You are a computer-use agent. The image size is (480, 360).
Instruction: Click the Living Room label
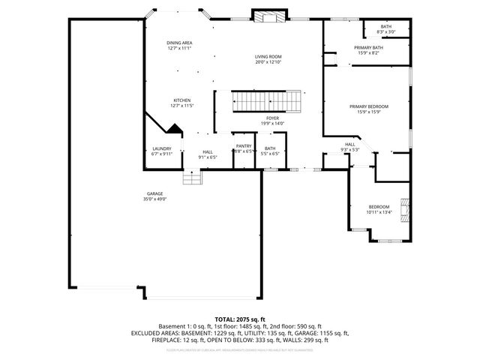pos(267,56)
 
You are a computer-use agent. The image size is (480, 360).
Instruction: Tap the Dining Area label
pos(179,43)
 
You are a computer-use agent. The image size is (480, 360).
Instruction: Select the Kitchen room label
pos(182,100)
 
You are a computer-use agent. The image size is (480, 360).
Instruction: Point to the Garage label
pos(154,193)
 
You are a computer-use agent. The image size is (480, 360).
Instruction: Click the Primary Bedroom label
pos(368,106)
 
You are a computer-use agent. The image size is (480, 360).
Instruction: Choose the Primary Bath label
pos(367,47)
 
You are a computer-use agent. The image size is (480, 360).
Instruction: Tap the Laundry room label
pos(162,148)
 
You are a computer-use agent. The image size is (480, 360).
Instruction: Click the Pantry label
pos(244,146)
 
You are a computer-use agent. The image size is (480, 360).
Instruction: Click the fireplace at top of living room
pos(268,16)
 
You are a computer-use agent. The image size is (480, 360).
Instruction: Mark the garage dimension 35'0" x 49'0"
pos(154,199)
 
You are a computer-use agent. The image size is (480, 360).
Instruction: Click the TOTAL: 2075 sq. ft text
pos(240,319)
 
